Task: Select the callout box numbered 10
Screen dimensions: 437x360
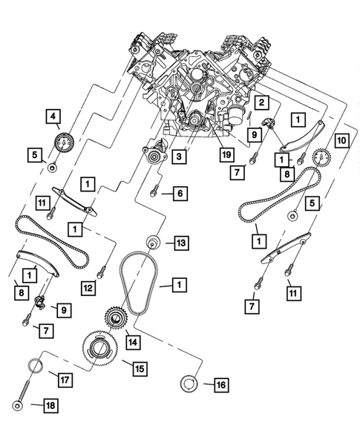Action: (x=341, y=139)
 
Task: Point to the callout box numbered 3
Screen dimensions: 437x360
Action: (x=180, y=157)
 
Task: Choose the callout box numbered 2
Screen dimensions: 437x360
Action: (x=262, y=102)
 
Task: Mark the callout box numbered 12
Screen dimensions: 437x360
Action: (x=88, y=287)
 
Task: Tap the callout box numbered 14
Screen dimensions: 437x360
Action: (x=132, y=342)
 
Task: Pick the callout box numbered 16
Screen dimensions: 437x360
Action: (x=220, y=384)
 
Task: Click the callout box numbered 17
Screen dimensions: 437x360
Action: (x=63, y=380)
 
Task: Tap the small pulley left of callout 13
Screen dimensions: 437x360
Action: (x=154, y=243)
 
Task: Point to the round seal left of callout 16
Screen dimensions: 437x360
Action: (x=189, y=384)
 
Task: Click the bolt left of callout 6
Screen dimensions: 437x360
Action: (x=154, y=192)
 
